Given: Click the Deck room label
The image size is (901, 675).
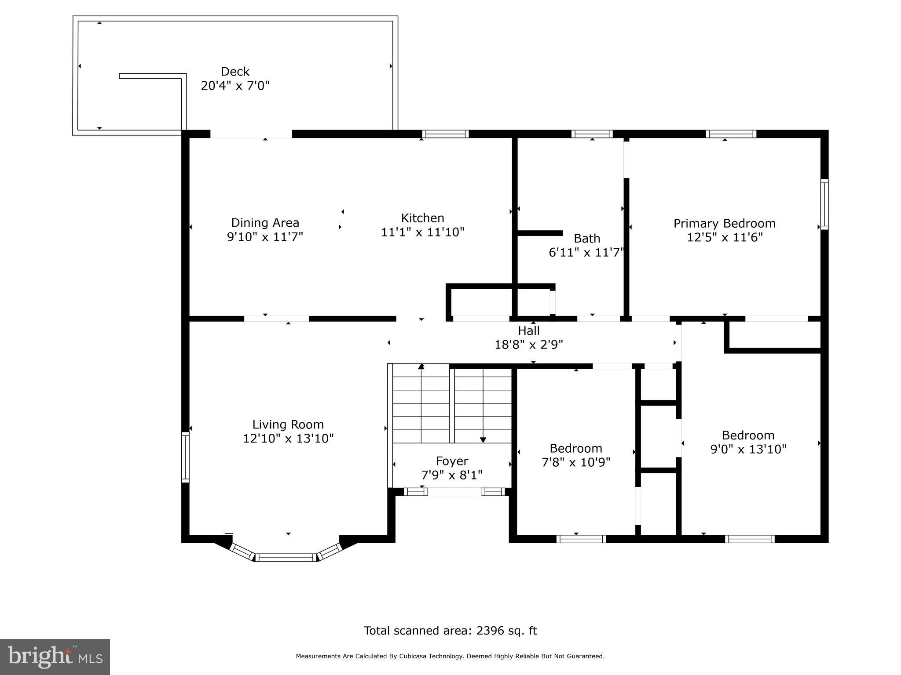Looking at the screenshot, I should tap(235, 71).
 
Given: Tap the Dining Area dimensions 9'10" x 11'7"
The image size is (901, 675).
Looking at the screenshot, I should tap(265, 237).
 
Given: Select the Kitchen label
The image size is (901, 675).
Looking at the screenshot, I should tap(422, 218).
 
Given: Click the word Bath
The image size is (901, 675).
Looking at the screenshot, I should tap(587, 238).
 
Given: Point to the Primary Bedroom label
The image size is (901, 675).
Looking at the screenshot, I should tap(724, 223).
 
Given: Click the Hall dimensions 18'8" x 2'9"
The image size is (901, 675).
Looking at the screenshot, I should tap(529, 345).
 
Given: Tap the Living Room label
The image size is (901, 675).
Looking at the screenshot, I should tap(288, 425).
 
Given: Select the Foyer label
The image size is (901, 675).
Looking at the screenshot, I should tap(452, 461).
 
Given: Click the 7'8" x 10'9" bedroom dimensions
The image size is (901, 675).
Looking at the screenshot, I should tap(576, 462).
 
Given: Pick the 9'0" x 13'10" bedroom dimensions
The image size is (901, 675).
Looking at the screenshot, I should tap(748, 449).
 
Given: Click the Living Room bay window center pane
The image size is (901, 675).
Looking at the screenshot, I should tap(286, 558).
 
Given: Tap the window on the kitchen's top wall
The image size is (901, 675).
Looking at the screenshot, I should tap(445, 134).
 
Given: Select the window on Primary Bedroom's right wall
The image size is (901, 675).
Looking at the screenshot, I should tap(824, 204).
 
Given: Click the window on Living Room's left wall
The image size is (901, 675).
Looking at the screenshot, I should tap(185, 457).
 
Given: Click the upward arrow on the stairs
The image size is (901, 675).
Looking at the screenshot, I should tap(421, 367).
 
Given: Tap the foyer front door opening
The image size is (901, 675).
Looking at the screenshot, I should tap(454, 492).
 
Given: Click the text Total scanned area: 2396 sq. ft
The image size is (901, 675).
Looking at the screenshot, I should tap(450, 631).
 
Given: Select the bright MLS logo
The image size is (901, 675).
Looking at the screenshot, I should tap(55, 657).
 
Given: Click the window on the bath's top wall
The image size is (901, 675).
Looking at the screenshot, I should tap(592, 134).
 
